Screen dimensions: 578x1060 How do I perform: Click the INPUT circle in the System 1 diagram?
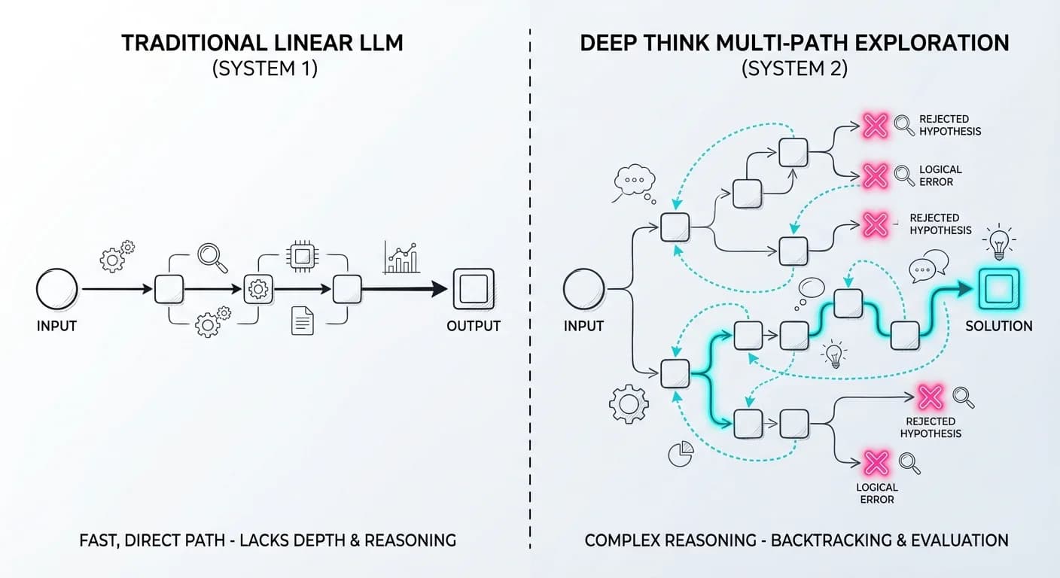coord(56,290)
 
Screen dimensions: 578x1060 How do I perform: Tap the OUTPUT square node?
coord(473,289)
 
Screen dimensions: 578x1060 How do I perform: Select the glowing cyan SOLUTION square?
coord(998,289)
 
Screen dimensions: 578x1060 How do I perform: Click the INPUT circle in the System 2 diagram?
coord(583,290)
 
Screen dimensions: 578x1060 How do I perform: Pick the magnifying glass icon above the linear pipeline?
coord(212,257)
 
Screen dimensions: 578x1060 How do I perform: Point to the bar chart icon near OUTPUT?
coord(401,257)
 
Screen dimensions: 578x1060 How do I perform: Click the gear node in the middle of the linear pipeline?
coord(257,289)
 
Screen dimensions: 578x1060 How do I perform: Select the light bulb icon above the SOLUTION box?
coord(998,242)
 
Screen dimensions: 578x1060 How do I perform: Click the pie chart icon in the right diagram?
coord(680,455)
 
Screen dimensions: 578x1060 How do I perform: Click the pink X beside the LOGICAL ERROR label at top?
coord(875,176)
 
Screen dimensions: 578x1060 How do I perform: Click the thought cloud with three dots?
coord(635,181)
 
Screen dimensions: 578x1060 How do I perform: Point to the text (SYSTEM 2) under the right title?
coord(794,68)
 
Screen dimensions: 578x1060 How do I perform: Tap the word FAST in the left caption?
coord(99,540)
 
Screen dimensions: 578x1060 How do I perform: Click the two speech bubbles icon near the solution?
coord(928,266)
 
